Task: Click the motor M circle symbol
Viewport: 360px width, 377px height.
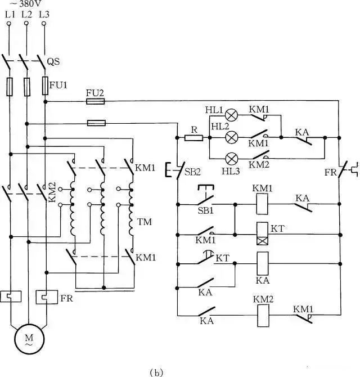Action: coord(29,339)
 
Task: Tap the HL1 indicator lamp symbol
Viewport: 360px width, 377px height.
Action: coord(231,115)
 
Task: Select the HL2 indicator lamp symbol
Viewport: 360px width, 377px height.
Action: coord(232,137)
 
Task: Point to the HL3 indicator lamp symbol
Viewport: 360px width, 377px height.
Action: coord(232,159)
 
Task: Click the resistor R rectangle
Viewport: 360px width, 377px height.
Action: coord(193,138)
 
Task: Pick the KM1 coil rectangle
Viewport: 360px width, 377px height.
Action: coord(262,204)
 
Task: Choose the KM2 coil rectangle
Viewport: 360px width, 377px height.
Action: coord(263,316)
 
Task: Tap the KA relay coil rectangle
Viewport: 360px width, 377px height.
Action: coord(263,263)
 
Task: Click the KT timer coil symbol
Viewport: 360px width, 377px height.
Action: coord(263,234)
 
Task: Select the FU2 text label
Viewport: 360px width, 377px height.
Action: coord(95,93)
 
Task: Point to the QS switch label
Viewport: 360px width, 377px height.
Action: coord(53,61)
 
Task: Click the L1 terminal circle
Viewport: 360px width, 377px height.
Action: coord(9,24)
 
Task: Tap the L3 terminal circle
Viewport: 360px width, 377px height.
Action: coord(44,24)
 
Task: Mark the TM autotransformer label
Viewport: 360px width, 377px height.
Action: coord(145,222)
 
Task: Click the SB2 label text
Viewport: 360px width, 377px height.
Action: coord(192,172)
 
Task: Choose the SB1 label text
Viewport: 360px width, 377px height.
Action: coord(205,210)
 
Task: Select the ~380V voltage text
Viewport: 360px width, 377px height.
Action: coord(26,3)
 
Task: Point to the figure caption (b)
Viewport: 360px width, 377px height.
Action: coord(156,372)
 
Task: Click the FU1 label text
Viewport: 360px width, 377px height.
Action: coord(58,85)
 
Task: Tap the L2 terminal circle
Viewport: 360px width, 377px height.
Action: coord(26,23)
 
